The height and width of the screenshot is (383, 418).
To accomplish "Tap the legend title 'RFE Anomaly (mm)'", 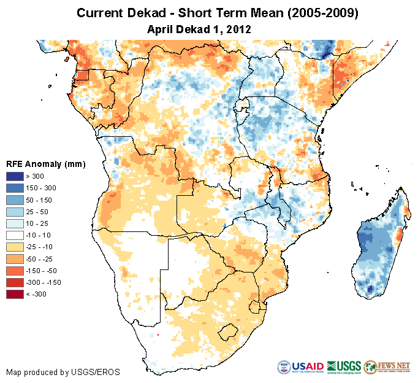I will pyautogui.click(x=45, y=164).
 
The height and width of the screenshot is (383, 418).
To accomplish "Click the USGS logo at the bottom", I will pyautogui.click(x=344, y=368).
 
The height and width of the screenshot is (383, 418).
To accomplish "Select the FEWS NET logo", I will pyautogui.click(x=387, y=368).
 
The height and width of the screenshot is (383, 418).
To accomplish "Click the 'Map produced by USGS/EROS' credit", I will pyautogui.click(x=63, y=372).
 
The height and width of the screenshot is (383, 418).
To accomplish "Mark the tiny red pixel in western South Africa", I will pyautogui.click(x=158, y=335).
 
